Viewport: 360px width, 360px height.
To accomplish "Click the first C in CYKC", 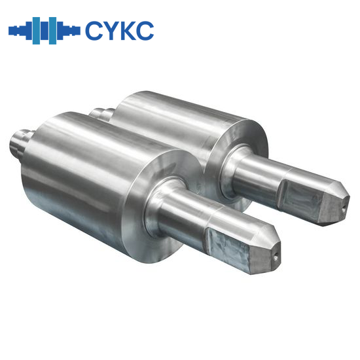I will [93, 30].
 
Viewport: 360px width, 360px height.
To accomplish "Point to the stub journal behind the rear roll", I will [98, 113].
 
